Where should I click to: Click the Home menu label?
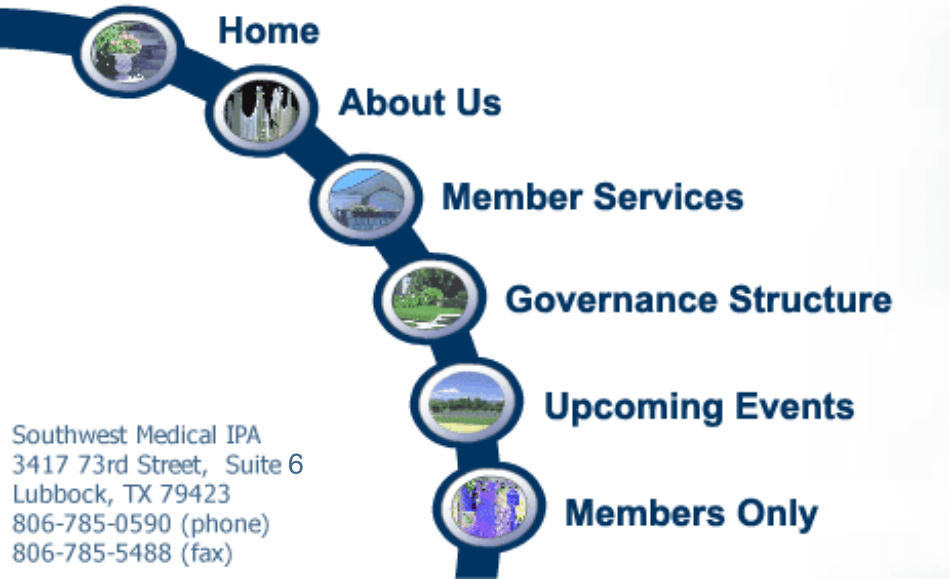tap(269, 31)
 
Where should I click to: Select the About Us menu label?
tap(419, 103)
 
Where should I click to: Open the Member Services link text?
tap(592, 197)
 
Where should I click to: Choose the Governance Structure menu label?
tap(698, 300)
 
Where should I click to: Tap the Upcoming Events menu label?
tap(699, 407)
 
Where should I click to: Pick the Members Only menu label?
tap(691, 513)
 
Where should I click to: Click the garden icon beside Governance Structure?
tap(430, 298)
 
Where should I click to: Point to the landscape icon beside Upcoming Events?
tap(466, 402)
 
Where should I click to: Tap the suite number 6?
tap(295, 464)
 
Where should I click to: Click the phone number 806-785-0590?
tap(91, 524)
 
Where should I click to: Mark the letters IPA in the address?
tap(242, 435)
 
